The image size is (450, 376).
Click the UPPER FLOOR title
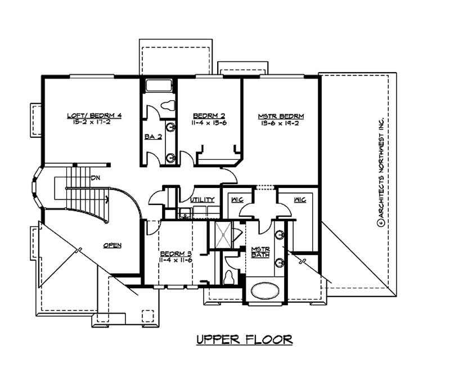[244, 339]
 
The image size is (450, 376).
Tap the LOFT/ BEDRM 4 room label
[94, 115]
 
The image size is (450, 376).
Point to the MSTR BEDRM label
[281, 116]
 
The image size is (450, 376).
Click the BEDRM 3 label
[176, 253]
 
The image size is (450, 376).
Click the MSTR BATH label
[260, 252]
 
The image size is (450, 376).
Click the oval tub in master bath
[264, 291]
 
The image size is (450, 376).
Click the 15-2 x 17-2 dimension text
[94, 122]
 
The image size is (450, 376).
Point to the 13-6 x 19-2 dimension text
[281, 123]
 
